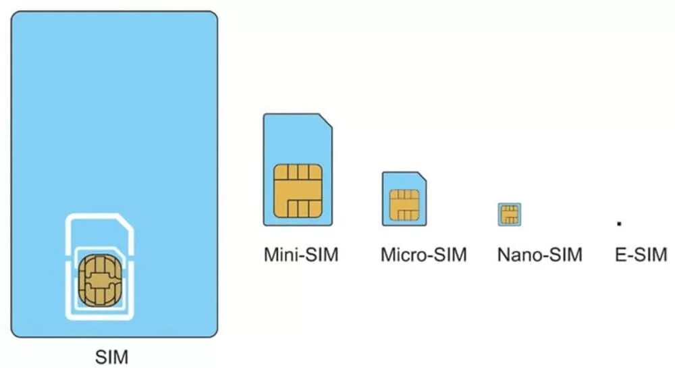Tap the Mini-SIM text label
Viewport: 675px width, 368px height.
300,255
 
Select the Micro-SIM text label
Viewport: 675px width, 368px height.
423,255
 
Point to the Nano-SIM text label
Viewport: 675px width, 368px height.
540,255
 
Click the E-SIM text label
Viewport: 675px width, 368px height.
641,255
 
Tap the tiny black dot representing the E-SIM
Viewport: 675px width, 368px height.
619,222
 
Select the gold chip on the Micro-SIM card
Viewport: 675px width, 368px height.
404,205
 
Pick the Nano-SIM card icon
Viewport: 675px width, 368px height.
510,215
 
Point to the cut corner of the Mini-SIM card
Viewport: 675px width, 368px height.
326,120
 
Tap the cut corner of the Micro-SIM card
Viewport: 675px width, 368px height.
421,177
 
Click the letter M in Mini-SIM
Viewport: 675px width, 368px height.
271,255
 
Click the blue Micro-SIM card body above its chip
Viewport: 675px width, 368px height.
402,181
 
